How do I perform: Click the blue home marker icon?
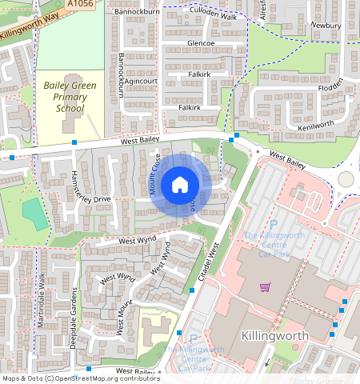click(x=180, y=186)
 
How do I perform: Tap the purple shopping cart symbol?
click(x=265, y=287)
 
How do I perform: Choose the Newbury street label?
click(x=326, y=26)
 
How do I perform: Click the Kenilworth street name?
click(x=315, y=126)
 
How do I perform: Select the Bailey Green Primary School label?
click(x=70, y=96)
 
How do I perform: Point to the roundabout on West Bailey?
click(x=346, y=179)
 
